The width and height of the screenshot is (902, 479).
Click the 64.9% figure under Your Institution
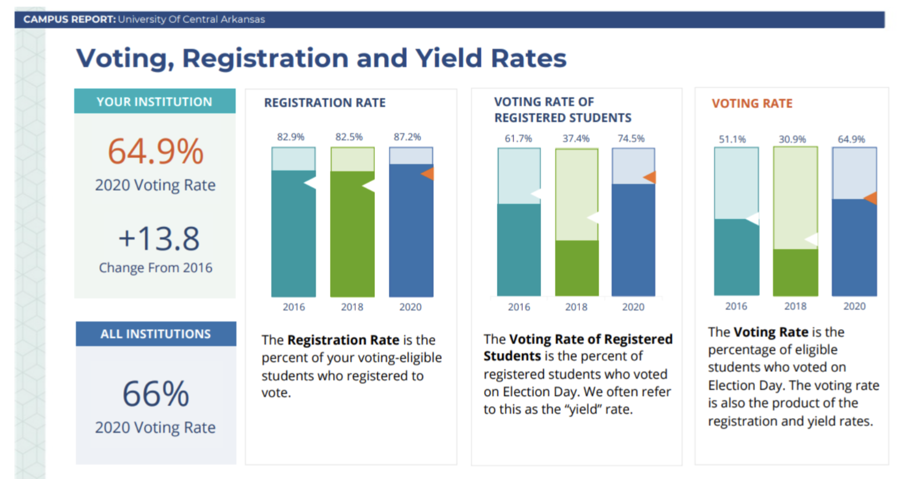pyautogui.click(x=155, y=152)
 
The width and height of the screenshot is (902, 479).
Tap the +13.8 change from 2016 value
pyautogui.click(x=159, y=239)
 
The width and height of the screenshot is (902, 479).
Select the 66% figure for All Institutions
pyautogui.click(x=155, y=394)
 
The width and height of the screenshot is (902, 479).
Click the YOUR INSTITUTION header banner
pyautogui.click(x=155, y=102)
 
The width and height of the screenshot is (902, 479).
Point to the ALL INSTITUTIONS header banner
pyautogui.click(x=155, y=334)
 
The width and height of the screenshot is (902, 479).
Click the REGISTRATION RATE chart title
pyautogui.click(x=324, y=103)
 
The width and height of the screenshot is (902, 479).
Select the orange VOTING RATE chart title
pyautogui.click(x=751, y=103)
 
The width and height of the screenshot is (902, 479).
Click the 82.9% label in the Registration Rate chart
pyautogui.click(x=291, y=137)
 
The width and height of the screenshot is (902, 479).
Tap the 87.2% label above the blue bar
pyautogui.click(x=407, y=137)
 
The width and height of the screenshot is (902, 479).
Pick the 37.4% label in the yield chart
pyautogui.click(x=575, y=139)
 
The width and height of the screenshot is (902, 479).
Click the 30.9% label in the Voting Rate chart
pyautogui.click(x=792, y=140)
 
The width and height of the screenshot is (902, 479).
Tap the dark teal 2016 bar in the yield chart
pyautogui.click(x=518, y=250)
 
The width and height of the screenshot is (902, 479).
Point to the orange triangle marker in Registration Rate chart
pyautogui.click(x=428, y=173)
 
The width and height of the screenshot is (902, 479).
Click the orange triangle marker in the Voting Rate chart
pyautogui.click(x=871, y=198)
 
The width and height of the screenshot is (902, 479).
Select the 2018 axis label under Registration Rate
pyautogui.click(x=352, y=307)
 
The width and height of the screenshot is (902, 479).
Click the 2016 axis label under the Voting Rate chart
pyautogui.click(x=736, y=306)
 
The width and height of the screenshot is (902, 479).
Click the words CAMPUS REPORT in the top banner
pyautogui.click(x=69, y=19)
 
